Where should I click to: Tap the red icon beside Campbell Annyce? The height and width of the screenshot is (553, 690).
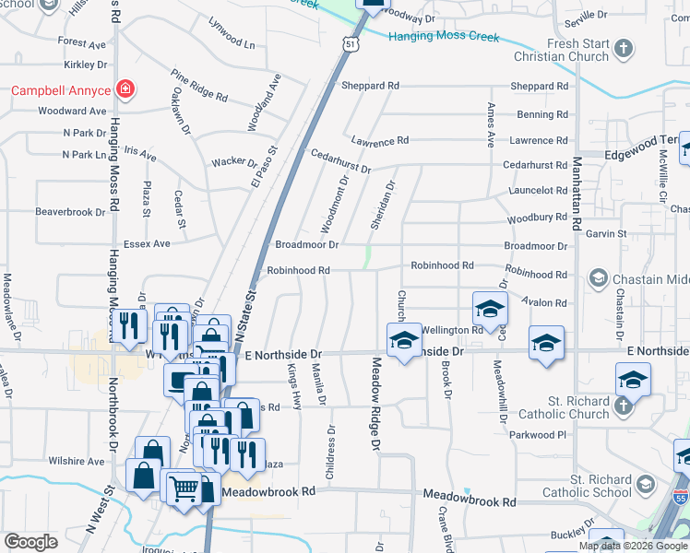coord(126,89)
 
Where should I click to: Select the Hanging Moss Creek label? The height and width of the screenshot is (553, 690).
coord(443,37)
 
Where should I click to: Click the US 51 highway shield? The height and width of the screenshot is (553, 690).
coord(348,42)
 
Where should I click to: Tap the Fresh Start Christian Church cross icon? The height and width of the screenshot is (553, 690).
coord(625,49)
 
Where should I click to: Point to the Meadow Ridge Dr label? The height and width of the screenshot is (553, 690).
coord(376,406)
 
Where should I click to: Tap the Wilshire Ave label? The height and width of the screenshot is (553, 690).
coord(77,460)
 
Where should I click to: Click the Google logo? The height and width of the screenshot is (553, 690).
coord(30,542)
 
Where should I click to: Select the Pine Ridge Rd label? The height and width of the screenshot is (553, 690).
coord(198,84)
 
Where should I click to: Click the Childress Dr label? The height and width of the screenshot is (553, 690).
coord(330,452)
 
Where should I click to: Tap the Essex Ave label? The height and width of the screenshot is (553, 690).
coord(149,243)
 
